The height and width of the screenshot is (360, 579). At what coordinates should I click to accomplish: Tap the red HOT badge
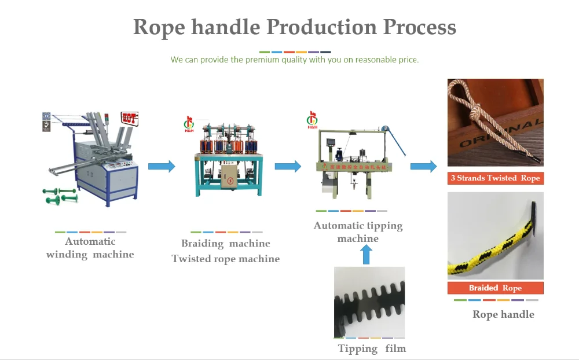coord(129,119)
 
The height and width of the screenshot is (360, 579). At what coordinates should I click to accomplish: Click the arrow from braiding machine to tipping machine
coord(287,167)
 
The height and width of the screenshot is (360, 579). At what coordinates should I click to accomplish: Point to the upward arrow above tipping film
coord(365,254)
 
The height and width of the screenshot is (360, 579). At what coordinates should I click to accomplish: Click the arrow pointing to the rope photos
coord(423,167)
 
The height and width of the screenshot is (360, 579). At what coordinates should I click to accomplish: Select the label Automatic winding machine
coord(90,248)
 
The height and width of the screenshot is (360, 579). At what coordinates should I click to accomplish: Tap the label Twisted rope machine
coord(226,259)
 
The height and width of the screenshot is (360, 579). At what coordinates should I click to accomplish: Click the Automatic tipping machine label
coord(358,232)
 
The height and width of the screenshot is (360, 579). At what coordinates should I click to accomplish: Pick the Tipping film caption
coord(372,348)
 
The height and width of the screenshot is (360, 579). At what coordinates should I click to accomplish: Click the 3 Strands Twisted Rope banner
coord(495,178)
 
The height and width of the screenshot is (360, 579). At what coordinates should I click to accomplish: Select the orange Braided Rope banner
coord(495,288)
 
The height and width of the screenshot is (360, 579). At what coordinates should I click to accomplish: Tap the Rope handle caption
coord(503,314)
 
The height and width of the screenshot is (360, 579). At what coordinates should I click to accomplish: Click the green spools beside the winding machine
coord(58,196)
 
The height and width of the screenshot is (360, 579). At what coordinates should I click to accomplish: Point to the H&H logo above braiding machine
coord(189,124)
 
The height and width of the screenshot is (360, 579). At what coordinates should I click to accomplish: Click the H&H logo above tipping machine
coord(313,121)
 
